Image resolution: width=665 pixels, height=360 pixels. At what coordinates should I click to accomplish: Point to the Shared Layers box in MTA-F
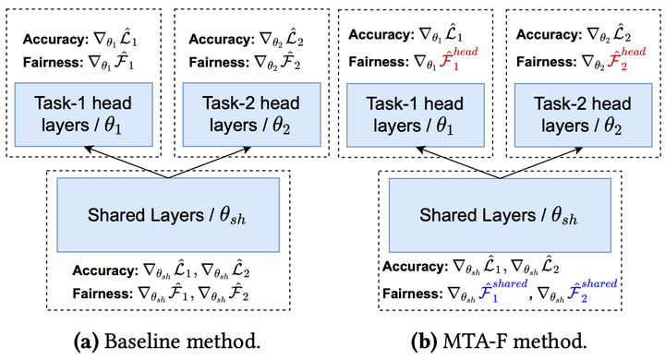[x=500, y=214]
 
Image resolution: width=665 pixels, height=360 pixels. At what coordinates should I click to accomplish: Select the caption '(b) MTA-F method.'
[x=500, y=341]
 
